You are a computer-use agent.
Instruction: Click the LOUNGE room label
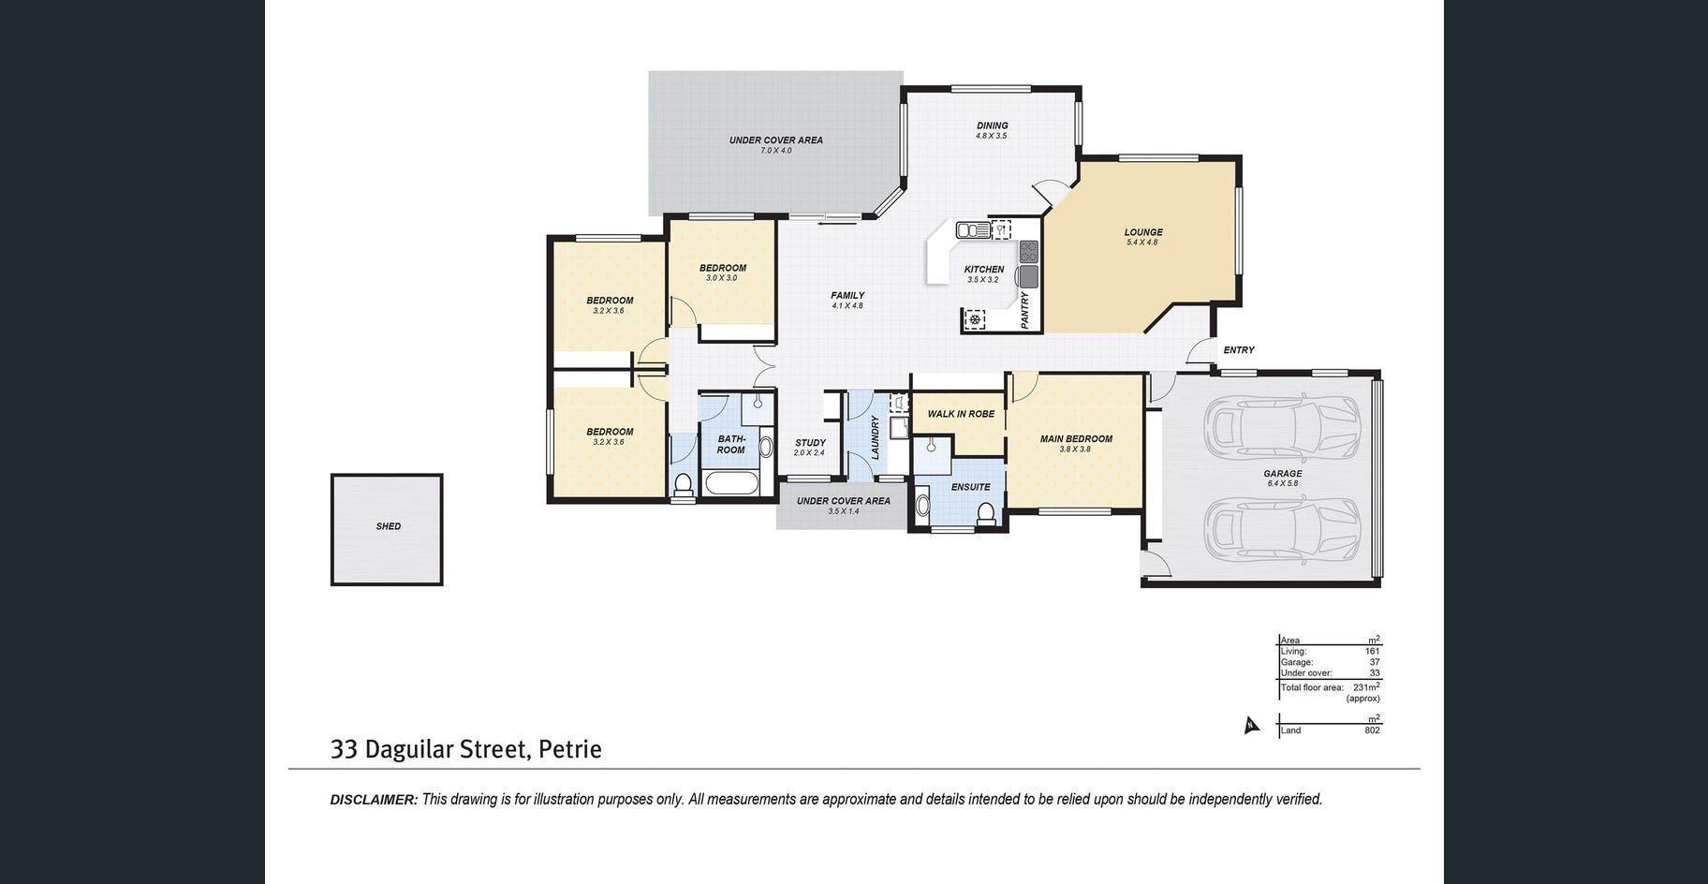click(x=1143, y=232)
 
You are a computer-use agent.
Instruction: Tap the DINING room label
click(x=993, y=125)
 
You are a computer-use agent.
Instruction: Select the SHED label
click(x=389, y=526)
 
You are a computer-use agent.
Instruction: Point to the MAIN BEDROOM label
click(x=1076, y=438)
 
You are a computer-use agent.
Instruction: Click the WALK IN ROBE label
click(x=961, y=414)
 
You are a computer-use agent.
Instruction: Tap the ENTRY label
click(x=1239, y=350)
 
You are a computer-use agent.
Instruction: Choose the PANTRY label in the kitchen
click(x=1025, y=310)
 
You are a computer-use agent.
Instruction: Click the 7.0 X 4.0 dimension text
click(x=776, y=151)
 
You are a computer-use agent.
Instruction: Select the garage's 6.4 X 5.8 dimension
click(x=1283, y=484)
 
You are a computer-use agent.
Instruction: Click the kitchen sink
click(x=974, y=229)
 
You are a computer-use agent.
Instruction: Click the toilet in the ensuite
click(x=985, y=512)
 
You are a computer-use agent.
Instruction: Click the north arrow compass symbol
click(x=1250, y=725)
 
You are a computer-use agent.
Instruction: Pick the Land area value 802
click(x=1372, y=730)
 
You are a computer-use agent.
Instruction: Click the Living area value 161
click(x=1372, y=651)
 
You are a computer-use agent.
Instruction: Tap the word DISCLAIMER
click(x=374, y=800)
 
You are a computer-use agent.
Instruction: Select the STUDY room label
click(x=810, y=443)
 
